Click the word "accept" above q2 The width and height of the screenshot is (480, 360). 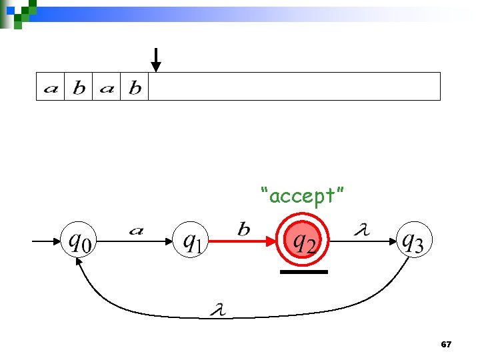coord(303,196)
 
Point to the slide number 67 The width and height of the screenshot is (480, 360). coord(447,345)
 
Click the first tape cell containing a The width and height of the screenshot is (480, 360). coord(50,87)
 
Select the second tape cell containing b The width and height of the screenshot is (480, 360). coord(79,87)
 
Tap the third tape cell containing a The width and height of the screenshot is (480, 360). coord(107,87)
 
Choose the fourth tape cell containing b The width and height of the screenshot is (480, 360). coord(135,87)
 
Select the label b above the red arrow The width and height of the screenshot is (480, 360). coord(244,230)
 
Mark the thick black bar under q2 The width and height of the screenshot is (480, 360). coord(304,272)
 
